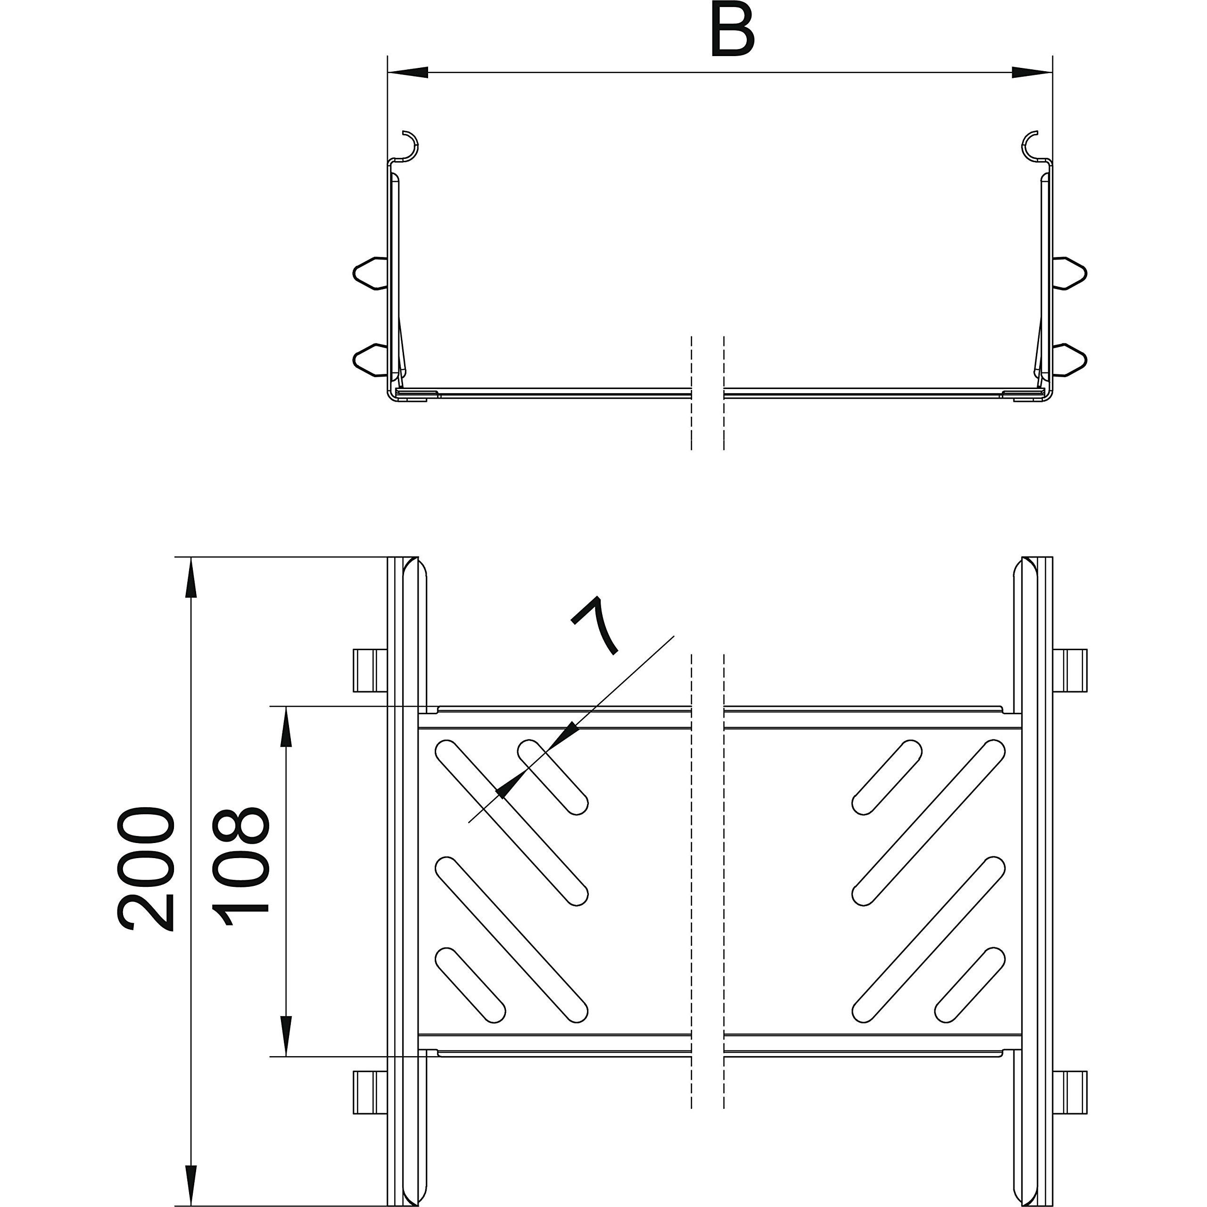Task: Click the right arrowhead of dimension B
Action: tap(1032, 73)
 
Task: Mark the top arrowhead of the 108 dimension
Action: tap(286, 728)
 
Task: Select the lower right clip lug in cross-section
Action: tap(1070, 360)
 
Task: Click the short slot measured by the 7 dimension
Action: tap(553, 777)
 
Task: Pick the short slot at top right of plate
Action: tap(886, 777)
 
